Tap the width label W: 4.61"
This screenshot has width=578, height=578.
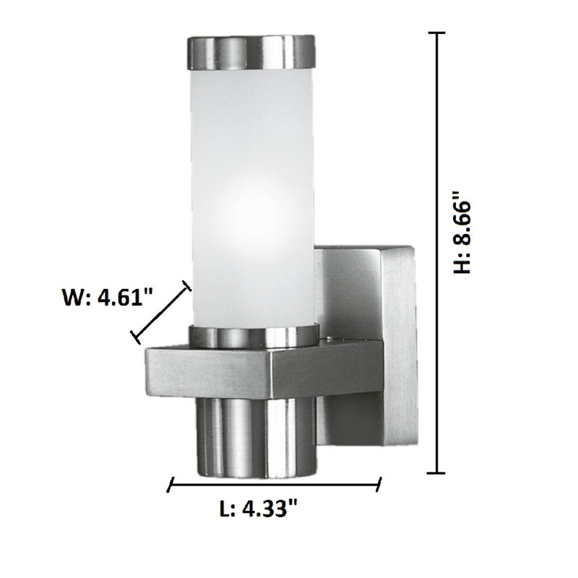(x=107, y=297)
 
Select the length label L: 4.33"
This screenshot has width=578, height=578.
(x=258, y=509)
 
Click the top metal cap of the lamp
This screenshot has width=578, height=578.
(x=252, y=52)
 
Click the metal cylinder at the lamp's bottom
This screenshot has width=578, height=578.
(x=257, y=438)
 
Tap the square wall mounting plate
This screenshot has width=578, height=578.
(x=368, y=345)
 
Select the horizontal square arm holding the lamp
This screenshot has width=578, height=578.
(x=264, y=371)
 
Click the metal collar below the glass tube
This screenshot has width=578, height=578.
(x=254, y=336)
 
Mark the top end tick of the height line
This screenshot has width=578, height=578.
(x=438, y=33)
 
